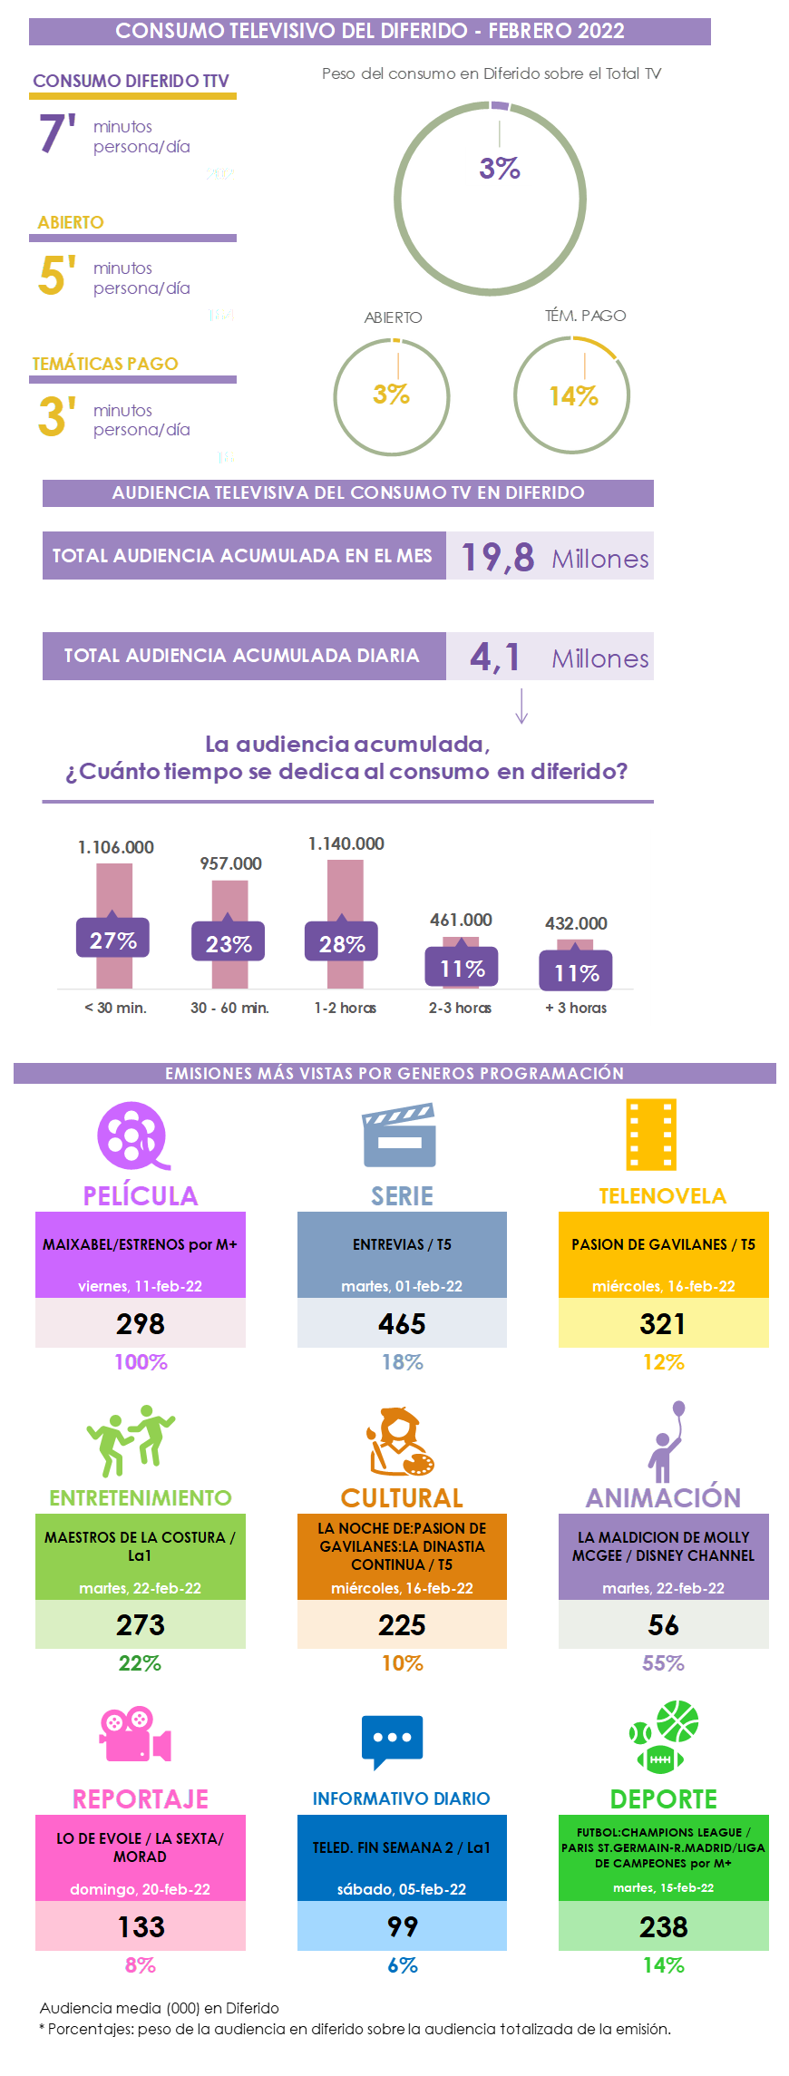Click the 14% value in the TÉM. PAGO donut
tap(573, 396)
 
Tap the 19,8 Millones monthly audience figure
tap(554, 557)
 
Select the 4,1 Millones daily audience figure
tap(558, 657)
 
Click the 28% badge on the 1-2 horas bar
tap(342, 944)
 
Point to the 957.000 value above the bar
tap(230, 863)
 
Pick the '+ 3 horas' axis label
tap(576, 1008)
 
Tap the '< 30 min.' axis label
tap(115, 1008)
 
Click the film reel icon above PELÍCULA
tap(133, 1135)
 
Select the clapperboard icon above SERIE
tap(399, 1135)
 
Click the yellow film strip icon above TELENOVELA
tap(651, 1135)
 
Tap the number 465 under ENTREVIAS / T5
tap(402, 1324)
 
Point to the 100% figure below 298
tap(141, 1362)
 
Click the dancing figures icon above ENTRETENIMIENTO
tap(131, 1440)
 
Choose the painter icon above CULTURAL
tap(400, 1441)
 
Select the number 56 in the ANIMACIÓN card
tap(663, 1625)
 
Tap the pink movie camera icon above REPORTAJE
tap(135, 1733)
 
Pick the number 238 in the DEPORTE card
tap(663, 1926)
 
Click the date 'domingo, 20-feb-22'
tap(140, 1889)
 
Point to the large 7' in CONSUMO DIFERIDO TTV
tap(57, 133)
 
